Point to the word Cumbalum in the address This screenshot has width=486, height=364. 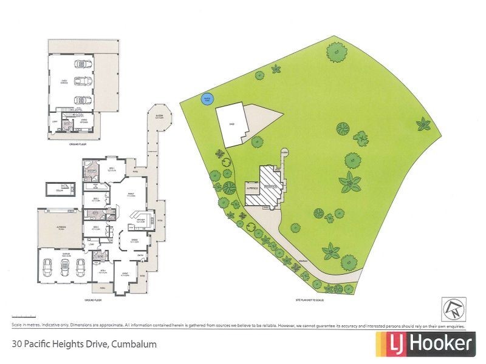(133, 344)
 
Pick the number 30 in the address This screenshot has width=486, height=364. (17, 344)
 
